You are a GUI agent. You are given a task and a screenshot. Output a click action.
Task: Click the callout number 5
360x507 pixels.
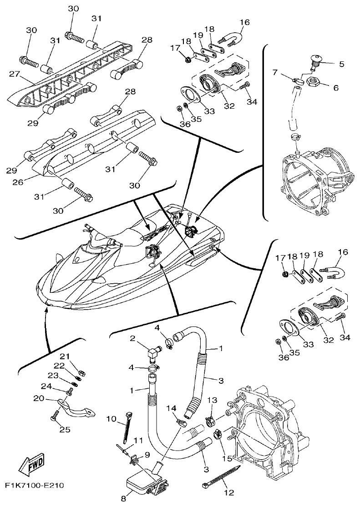coord(340,64)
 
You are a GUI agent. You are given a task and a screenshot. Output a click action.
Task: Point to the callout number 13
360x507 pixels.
coord(213,400)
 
